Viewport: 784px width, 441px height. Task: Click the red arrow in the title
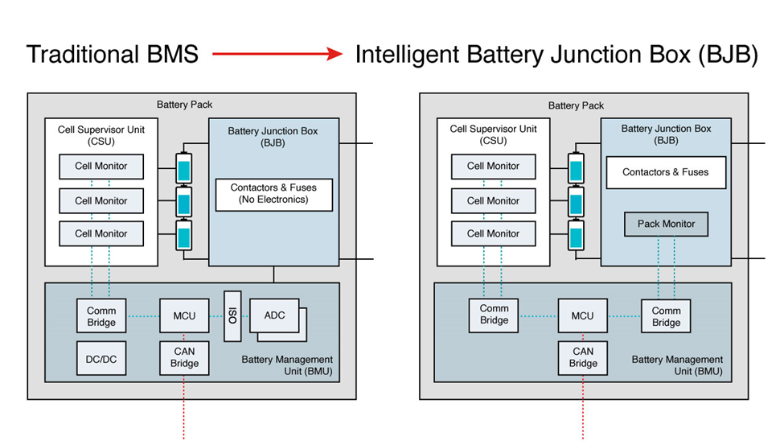(x=277, y=55)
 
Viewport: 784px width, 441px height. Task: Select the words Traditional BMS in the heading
(x=113, y=55)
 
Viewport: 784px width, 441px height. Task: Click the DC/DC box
(x=101, y=358)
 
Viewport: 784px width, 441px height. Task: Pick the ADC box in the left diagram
(x=274, y=316)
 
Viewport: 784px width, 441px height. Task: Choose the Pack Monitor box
(x=666, y=224)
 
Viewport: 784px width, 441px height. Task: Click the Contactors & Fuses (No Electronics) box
(x=273, y=194)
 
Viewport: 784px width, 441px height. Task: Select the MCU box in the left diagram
(x=184, y=315)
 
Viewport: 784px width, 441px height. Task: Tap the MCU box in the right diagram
(x=582, y=315)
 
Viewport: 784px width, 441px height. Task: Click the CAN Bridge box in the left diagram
(x=184, y=358)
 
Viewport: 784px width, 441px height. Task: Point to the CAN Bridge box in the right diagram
(x=582, y=357)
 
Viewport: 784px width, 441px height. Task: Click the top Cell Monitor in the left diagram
(x=101, y=167)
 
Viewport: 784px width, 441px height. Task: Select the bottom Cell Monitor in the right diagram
(x=493, y=233)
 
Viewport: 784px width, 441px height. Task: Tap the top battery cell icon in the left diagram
(x=184, y=169)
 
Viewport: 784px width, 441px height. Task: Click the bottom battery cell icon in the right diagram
(x=576, y=237)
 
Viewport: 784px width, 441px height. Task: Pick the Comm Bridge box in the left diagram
(x=101, y=316)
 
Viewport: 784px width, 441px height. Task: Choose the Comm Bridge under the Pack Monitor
(x=666, y=316)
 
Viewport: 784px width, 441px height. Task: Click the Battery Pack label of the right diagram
(x=576, y=105)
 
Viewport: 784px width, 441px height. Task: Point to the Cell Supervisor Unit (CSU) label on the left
(x=101, y=135)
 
